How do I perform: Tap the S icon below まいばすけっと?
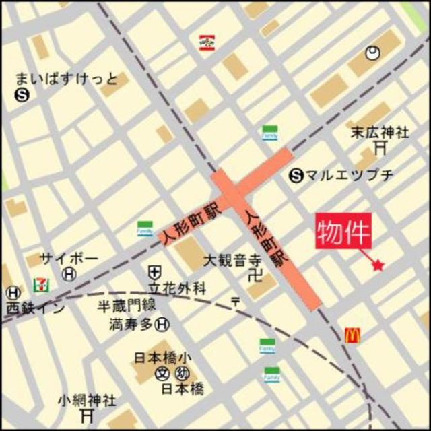(x=22, y=96)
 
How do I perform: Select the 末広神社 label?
(x=379, y=132)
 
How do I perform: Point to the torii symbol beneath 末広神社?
(x=381, y=147)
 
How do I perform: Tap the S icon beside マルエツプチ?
(x=296, y=176)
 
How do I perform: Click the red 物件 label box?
(x=343, y=232)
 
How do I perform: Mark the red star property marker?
(x=377, y=266)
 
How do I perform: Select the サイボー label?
(x=69, y=259)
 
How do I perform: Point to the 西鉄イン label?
(x=36, y=308)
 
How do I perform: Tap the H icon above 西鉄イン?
(x=12, y=293)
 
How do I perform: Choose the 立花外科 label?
(x=176, y=289)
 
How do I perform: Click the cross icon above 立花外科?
(x=155, y=273)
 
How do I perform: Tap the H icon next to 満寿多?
(x=162, y=325)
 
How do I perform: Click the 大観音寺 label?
(x=232, y=259)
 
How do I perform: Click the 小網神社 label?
(x=87, y=400)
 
